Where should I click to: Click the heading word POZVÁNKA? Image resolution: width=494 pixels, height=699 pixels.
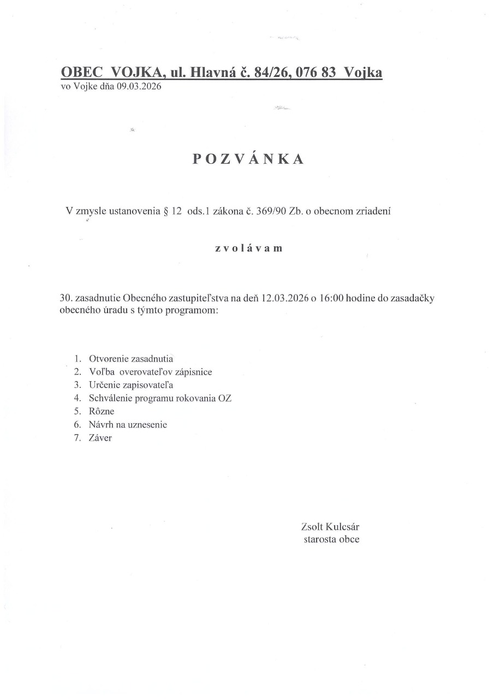[x=248, y=159]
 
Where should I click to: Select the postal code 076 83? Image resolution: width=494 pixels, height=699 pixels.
[x=311, y=73]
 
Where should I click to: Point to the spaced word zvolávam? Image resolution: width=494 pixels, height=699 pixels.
[x=248, y=248]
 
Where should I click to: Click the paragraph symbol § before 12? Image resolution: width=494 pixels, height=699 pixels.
[x=165, y=211]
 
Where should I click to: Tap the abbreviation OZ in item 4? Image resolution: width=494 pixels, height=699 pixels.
[x=224, y=398]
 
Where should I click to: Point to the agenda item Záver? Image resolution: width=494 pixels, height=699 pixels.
[x=100, y=437]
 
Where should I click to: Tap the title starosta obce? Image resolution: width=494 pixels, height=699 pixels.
[x=331, y=540]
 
